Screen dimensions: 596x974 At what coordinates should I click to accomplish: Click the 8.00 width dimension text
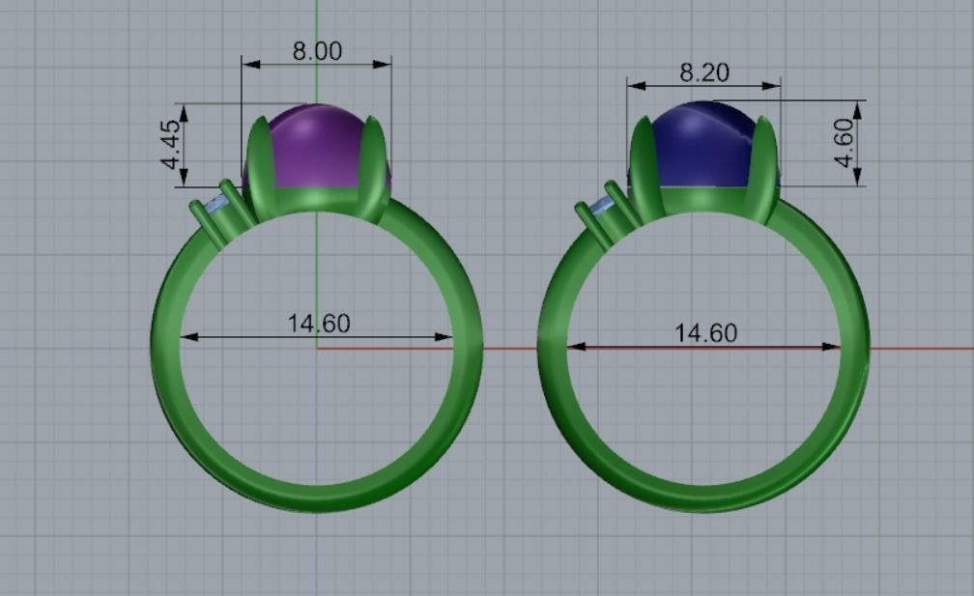[x=317, y=51]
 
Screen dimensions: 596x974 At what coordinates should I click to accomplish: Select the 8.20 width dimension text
[x=704, y=72]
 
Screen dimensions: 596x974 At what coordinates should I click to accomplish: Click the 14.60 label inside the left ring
[x=318, y=323]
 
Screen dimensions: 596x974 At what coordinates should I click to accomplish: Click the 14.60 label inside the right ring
[x=705, y=333]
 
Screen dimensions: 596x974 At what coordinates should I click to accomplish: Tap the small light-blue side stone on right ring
[x=602, y=206]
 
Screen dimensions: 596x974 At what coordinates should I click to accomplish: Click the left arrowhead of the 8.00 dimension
[x=250, y=65]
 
